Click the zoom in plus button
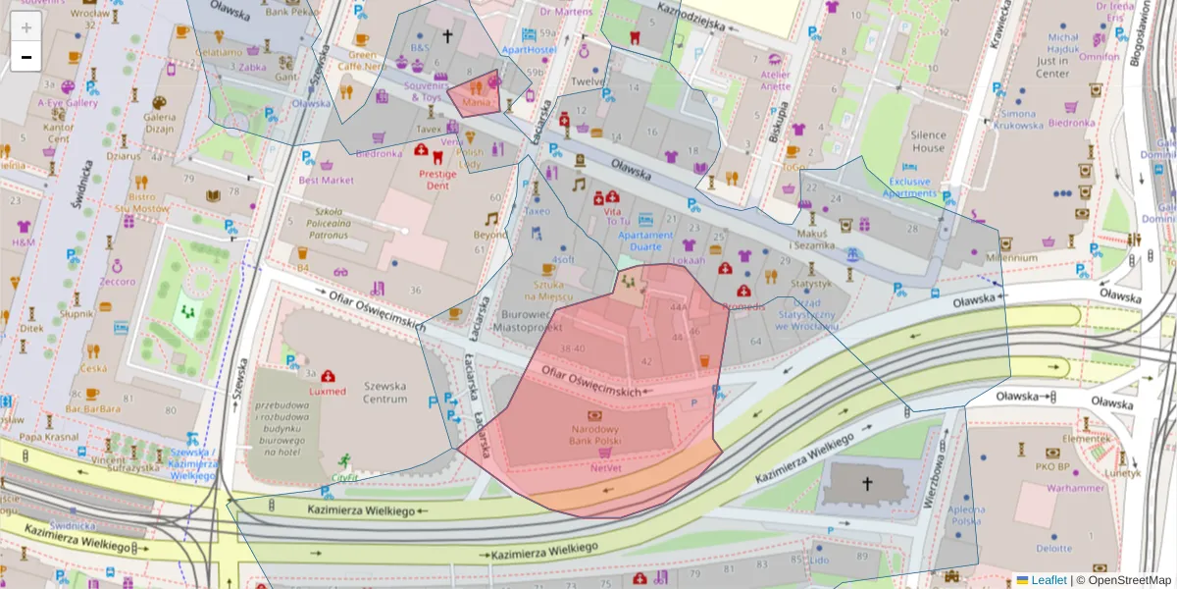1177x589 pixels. pyautogui.click(x=26, y=27)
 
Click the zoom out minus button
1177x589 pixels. pyautogui.click(x=26, y=57)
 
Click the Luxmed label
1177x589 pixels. pyautogui.click(x=327, y=391)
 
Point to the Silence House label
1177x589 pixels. pyautogui.click(x=929, y=141)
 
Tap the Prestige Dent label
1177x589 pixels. pyautogui.click(x=438, y=179)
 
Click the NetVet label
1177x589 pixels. pyautogui.click(x=605, y=469)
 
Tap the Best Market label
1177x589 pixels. pyautogui.click(x=326, y=180)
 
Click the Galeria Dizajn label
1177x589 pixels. pyautogui.click(x=158, y=122)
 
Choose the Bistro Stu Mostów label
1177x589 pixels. pyautogui.click(x=134, y=202)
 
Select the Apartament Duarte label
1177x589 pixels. pyautogui.click(x=645, y=241)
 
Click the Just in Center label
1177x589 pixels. pyautogui.click(x=1051, y=67)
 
